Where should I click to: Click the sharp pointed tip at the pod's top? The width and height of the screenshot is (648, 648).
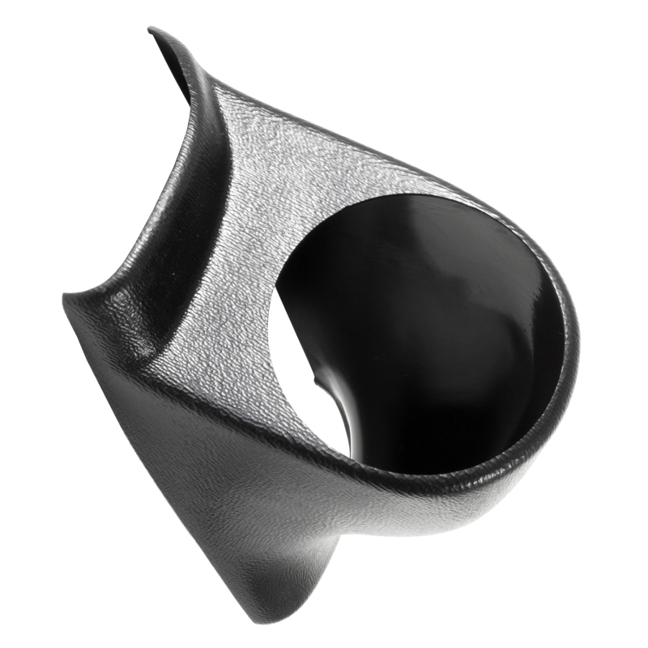[151, 31]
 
